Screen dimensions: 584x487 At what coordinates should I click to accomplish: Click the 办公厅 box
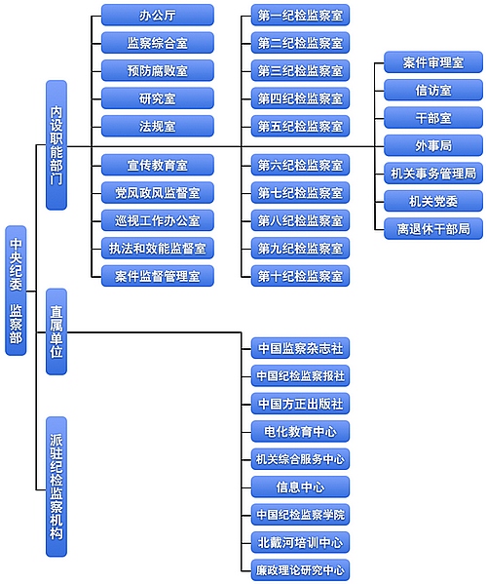(157, 15)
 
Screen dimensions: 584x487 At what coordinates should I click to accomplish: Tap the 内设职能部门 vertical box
(56, 144)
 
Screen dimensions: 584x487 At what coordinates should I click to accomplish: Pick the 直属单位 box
(56, 331)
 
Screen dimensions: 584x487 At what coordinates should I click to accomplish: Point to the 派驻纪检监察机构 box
(56, 486)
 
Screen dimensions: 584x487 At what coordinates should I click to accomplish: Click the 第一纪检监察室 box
(300, 15)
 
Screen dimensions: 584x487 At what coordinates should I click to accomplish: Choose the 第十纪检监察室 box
(300, 276)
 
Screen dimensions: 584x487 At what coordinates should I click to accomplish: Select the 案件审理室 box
(432, 62)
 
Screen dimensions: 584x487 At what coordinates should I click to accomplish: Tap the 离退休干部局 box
(432, 228)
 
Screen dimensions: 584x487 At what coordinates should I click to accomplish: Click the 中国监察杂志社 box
(300, 348)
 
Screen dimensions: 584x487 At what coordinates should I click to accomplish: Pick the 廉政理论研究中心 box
(300, 569)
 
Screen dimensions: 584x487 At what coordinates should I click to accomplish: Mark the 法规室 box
(157, 126)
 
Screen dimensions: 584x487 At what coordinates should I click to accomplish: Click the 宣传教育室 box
(157, 165)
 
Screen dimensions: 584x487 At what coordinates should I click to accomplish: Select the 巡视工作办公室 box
(157, 220)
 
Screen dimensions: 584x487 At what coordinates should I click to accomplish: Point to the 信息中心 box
(300, 487)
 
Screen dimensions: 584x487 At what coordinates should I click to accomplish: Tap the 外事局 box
(432, 145)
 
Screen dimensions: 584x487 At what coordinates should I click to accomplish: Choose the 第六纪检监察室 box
(300, 165)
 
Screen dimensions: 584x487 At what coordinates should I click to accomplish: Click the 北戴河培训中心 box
(300, 542)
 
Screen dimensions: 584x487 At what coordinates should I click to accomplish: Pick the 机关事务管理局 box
(432, 174)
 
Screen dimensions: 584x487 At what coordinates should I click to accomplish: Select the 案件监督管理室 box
(157, 276)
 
